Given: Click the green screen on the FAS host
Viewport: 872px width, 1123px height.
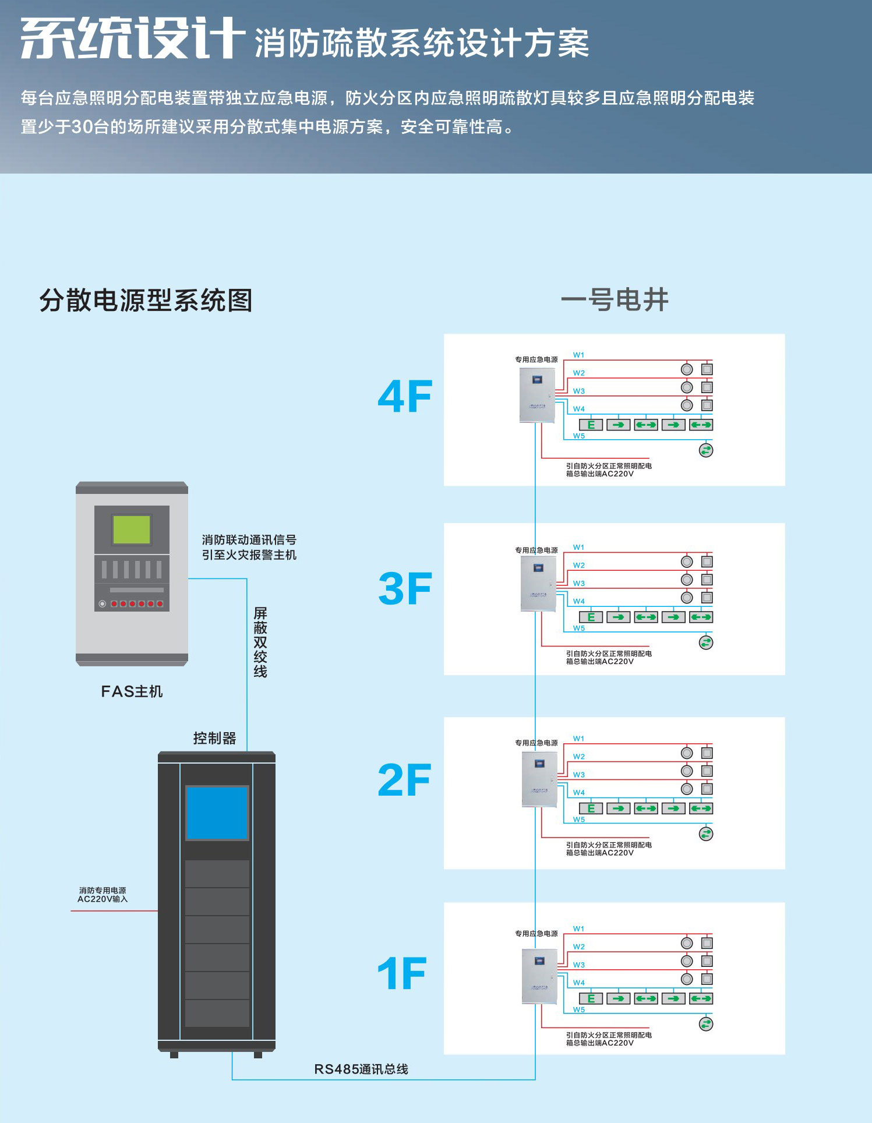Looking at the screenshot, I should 132,529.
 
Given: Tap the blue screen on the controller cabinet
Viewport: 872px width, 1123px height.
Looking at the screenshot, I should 217,813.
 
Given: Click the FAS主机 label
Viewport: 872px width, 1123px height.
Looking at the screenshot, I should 132,691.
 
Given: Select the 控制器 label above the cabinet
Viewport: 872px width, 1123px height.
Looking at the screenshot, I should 214,738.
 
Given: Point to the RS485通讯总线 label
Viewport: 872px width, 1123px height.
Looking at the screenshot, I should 361,1069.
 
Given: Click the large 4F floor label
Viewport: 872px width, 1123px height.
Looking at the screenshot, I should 405,397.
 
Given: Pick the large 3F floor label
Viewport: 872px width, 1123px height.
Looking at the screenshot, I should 405,588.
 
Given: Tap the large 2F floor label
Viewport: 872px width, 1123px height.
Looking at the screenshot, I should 404,780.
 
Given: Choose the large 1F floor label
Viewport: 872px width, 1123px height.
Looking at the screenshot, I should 402,973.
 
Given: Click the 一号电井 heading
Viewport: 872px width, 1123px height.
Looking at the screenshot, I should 614,300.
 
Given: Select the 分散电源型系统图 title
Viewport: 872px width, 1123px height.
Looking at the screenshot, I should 146,301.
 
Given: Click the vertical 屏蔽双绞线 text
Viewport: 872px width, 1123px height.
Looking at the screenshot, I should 260,642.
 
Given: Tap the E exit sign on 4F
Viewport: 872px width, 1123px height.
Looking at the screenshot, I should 591,425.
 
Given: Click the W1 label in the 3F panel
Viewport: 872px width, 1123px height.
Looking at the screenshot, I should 578,548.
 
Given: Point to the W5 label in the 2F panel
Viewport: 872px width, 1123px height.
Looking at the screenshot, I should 578,820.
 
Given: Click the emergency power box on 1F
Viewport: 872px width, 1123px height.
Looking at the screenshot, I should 539,976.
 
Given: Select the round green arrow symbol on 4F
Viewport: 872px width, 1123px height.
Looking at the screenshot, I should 706,450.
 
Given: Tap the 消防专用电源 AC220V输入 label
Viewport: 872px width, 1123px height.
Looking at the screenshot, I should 103,895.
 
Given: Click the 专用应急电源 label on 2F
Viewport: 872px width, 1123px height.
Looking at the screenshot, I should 536,743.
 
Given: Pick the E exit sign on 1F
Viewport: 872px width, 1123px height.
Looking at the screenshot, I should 591,998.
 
